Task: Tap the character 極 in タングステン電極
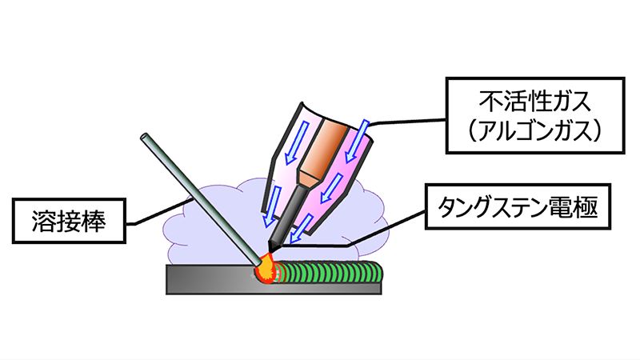588,209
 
